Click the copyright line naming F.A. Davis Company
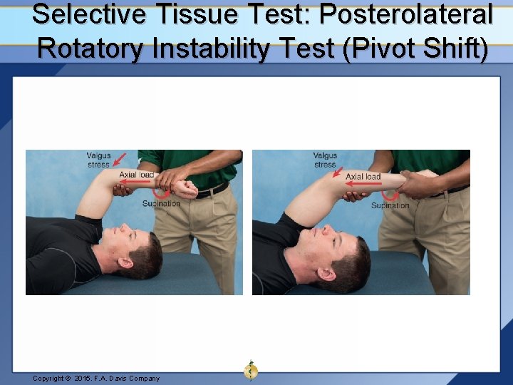click(x=96, y=378)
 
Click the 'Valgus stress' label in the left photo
click(x=98, y=160)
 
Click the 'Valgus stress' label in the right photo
click(x=325, y=160)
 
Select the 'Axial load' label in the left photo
click(x=137, y=175)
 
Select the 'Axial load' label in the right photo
click(x=363, y=176)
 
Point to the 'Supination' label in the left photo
click(x=161, y=203)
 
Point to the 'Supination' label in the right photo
click(x=390, y=205)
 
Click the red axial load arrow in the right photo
click(x=366, y=184)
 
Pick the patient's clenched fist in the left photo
click(x=187, y=189)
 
